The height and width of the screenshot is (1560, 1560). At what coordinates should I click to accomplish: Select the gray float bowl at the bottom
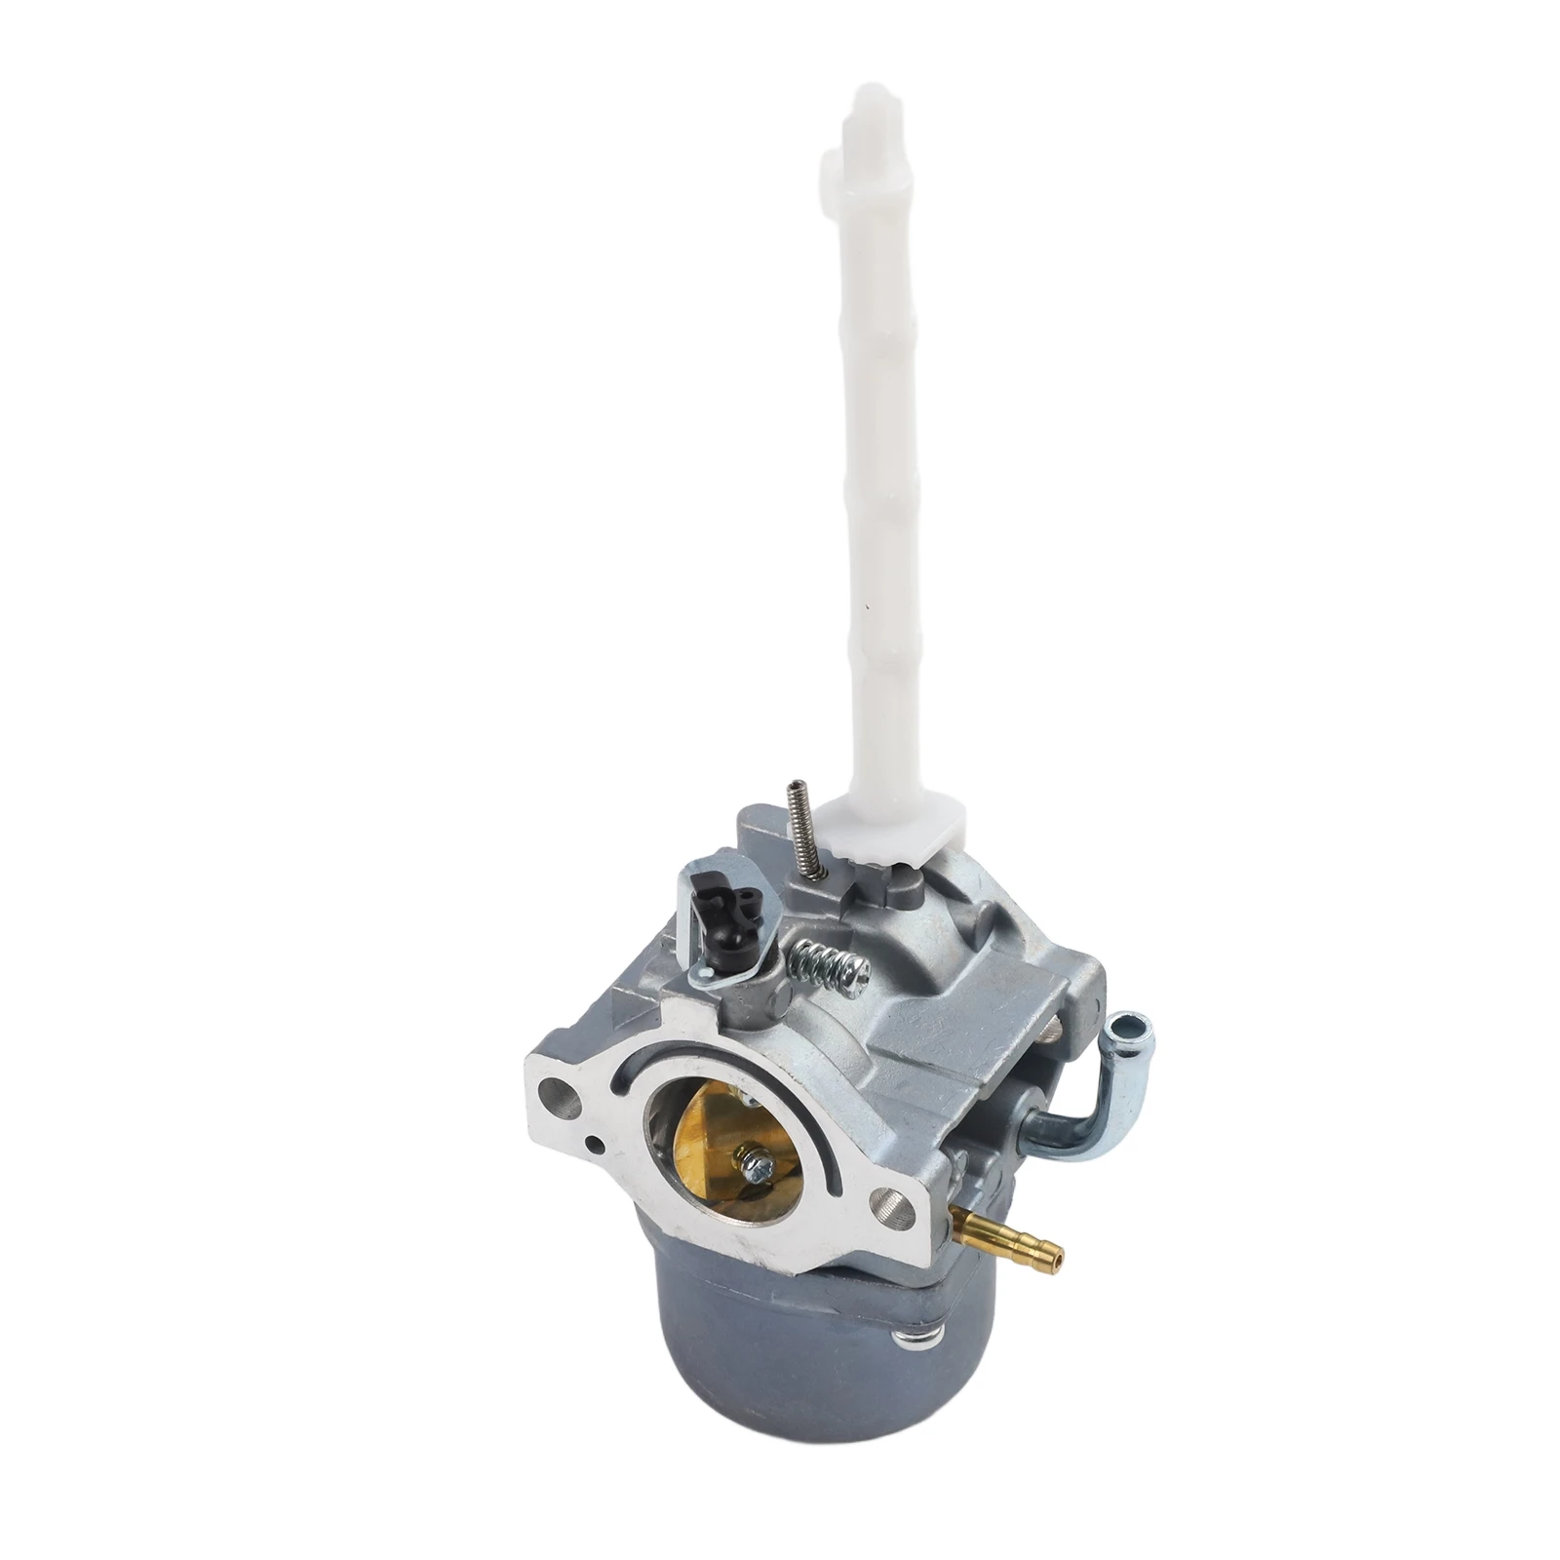click(780, 1394)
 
